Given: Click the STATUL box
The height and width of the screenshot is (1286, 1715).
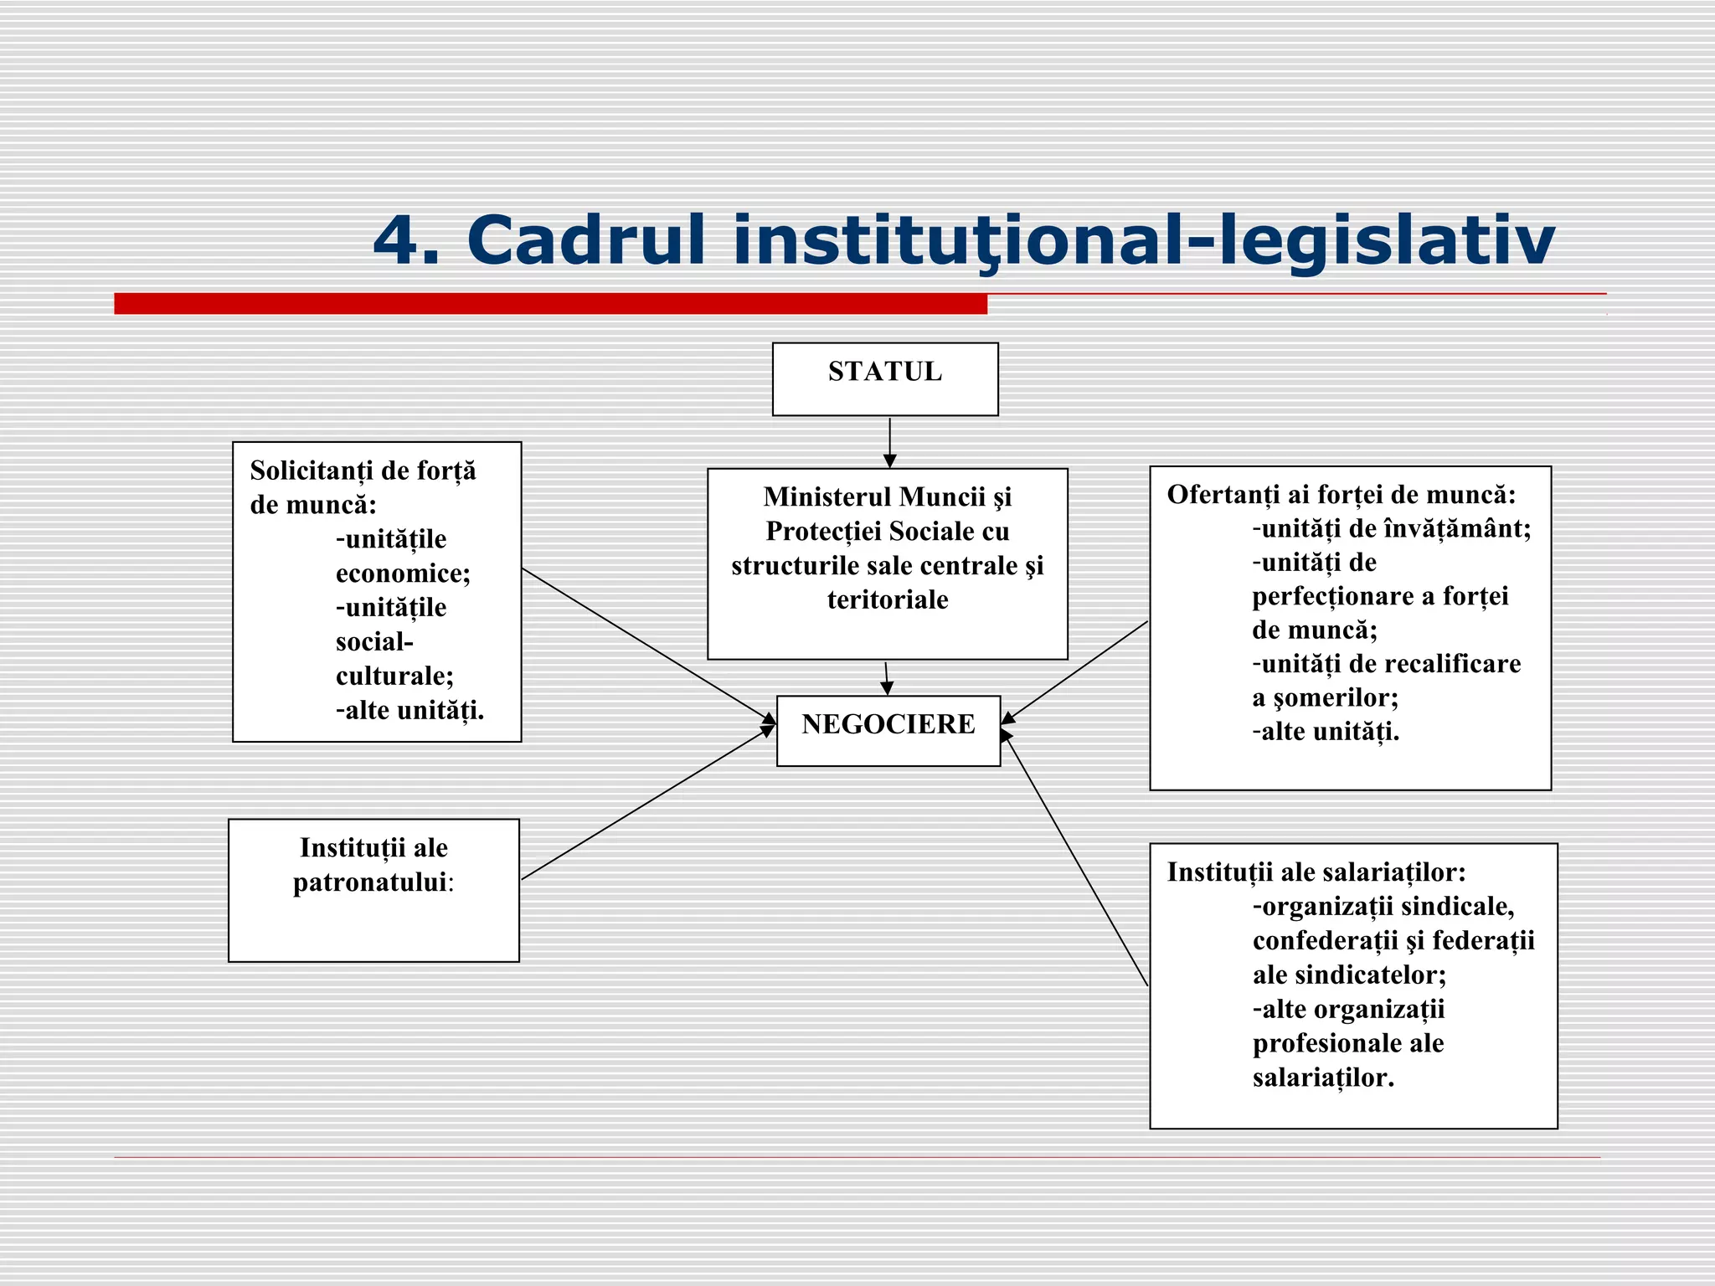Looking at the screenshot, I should [885, 378].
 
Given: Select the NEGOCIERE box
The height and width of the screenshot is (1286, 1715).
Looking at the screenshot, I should [888, 730].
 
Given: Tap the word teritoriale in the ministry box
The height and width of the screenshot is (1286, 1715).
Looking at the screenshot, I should [888, 599].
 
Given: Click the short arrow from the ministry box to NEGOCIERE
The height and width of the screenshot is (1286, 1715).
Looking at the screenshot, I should [886, 677].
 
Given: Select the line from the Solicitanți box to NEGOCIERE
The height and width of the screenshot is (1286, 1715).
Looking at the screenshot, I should [645, 644].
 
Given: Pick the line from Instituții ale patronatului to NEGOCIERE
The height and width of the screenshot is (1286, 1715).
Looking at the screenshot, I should [645, 804].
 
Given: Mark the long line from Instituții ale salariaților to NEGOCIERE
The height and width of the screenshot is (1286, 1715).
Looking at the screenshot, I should [1076, 861].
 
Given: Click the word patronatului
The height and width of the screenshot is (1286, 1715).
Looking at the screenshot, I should [369, 882].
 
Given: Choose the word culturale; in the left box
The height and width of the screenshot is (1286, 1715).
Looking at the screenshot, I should [394, 676].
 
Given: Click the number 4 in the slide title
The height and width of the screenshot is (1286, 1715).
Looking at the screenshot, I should [397, 241].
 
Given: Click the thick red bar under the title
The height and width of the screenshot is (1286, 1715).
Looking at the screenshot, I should [550, 303].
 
